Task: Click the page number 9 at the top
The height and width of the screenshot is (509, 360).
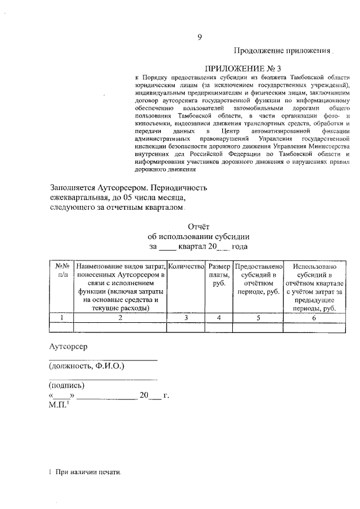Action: click(x=199, y=38)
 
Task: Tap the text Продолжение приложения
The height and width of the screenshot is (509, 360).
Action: click(x=282, y=51)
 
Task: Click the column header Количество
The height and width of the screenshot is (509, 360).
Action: click(x=186, y=265)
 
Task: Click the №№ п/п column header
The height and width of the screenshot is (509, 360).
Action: click(x=62, y=269)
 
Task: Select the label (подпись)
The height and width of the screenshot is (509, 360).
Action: click(x=67, y=385)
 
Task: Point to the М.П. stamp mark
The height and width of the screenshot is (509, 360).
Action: click(x=59, y=404)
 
